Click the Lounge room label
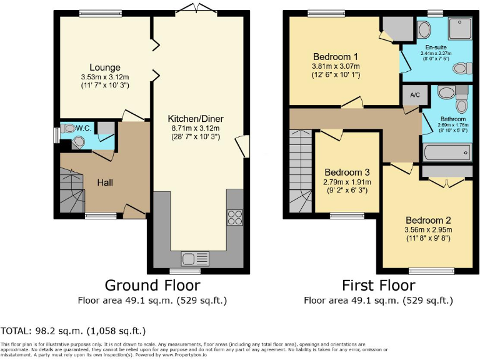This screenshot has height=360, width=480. point(104,67)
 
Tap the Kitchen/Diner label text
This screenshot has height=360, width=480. point(196,119)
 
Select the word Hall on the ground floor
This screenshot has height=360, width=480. point(104,182)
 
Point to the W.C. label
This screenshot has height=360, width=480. point(84,128)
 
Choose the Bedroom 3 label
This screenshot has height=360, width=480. point(347,172)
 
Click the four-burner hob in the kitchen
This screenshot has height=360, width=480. point(235,217)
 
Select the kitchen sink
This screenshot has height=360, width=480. point(190,258)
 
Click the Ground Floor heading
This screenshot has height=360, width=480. point(152,286)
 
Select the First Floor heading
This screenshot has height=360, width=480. point(378,286)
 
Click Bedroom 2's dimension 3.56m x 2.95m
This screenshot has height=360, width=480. point(429,230)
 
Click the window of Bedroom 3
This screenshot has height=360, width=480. point(342,216)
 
